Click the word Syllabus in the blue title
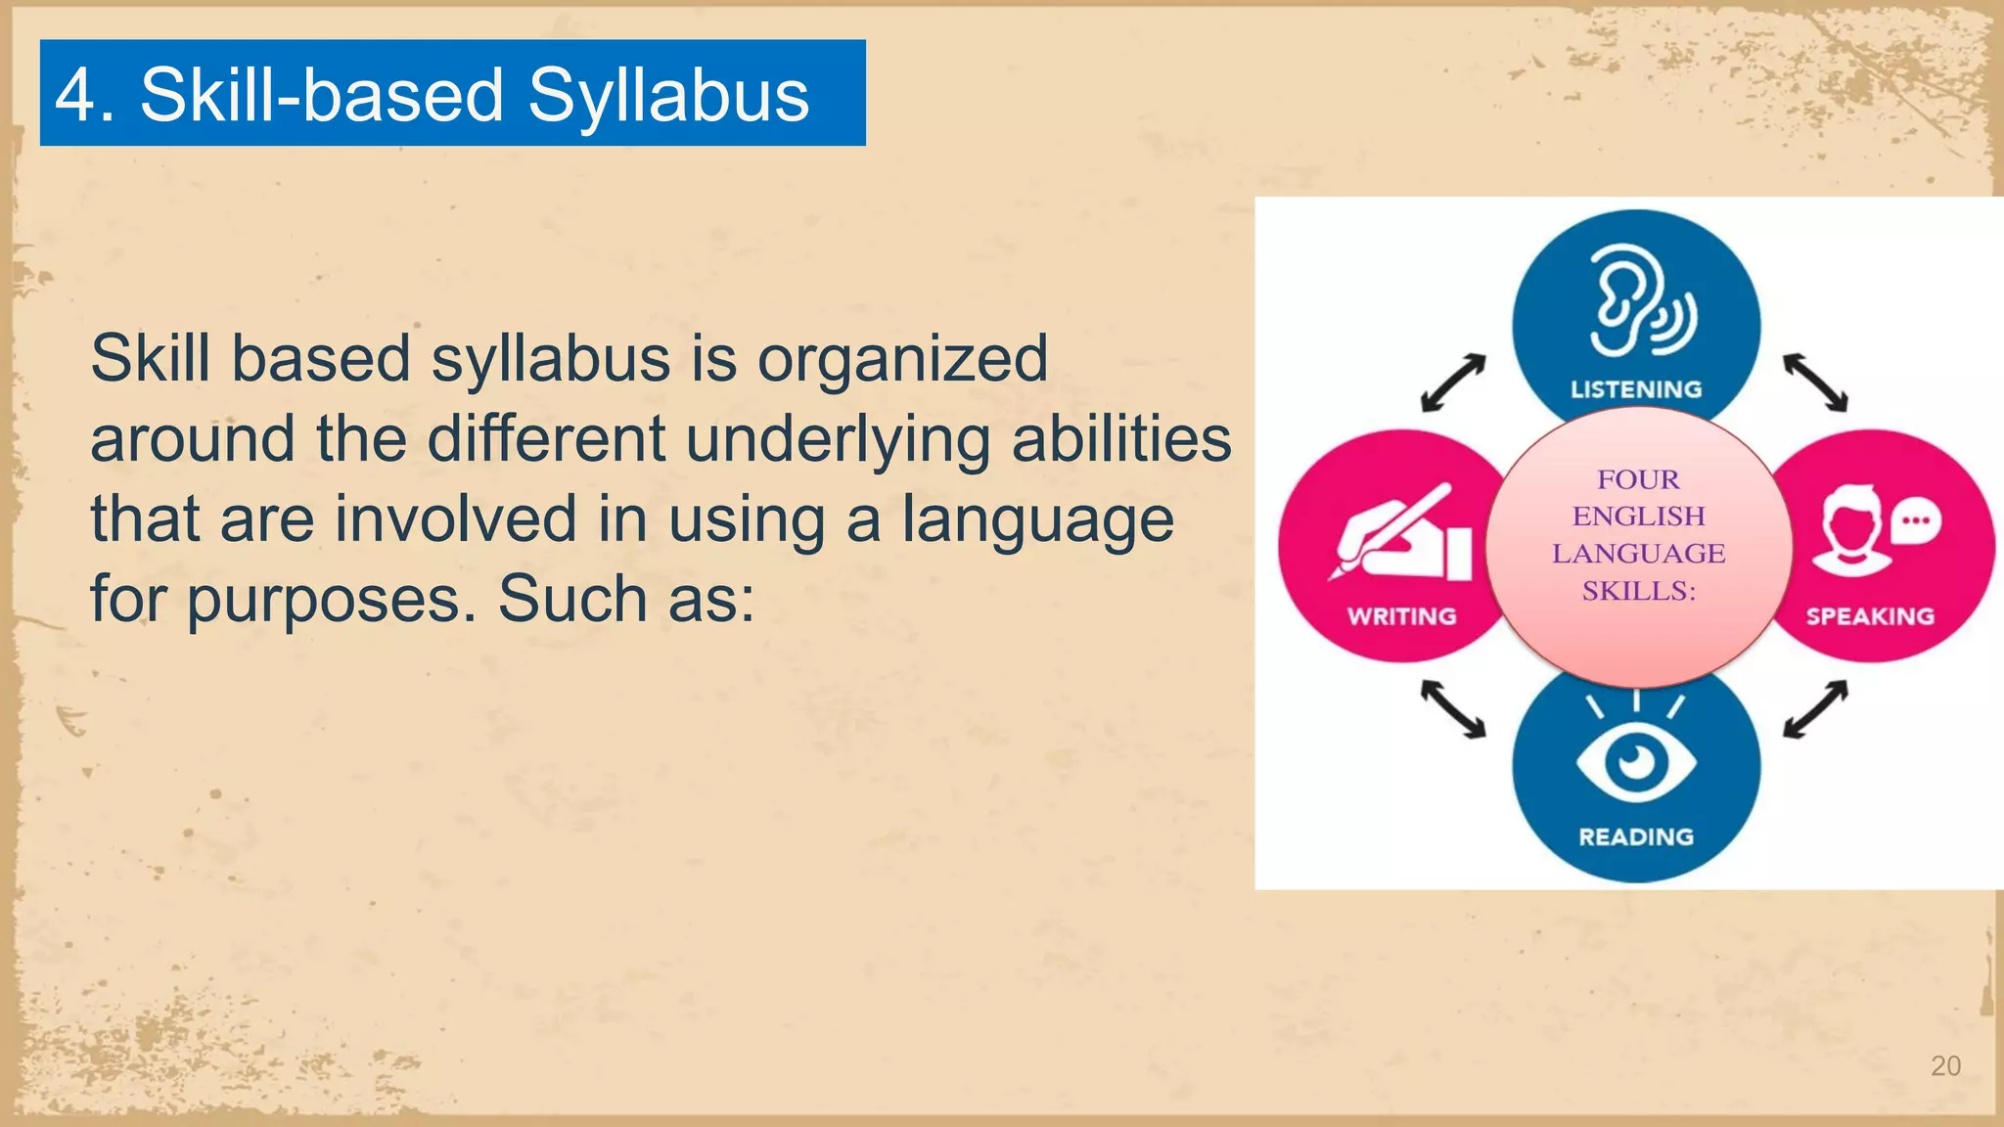click(668, 96)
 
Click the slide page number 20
click(1945, 1065)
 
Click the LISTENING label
click(1636, 389)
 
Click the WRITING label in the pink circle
click(1401, 616)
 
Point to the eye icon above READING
click(1635, 761)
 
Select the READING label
click(1636, 836)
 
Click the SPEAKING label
click(1870, 616)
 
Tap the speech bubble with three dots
click(1915, 521)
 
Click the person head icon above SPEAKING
click(1851, 533)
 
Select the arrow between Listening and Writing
click(1453, 383)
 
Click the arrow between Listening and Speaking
click(1815, 383)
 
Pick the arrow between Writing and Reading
click(1453, 708)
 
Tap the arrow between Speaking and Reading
click(1815, 708)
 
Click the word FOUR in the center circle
click(1638, 479)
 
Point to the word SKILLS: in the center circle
click(1639, 591)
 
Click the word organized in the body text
click(902, 358)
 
